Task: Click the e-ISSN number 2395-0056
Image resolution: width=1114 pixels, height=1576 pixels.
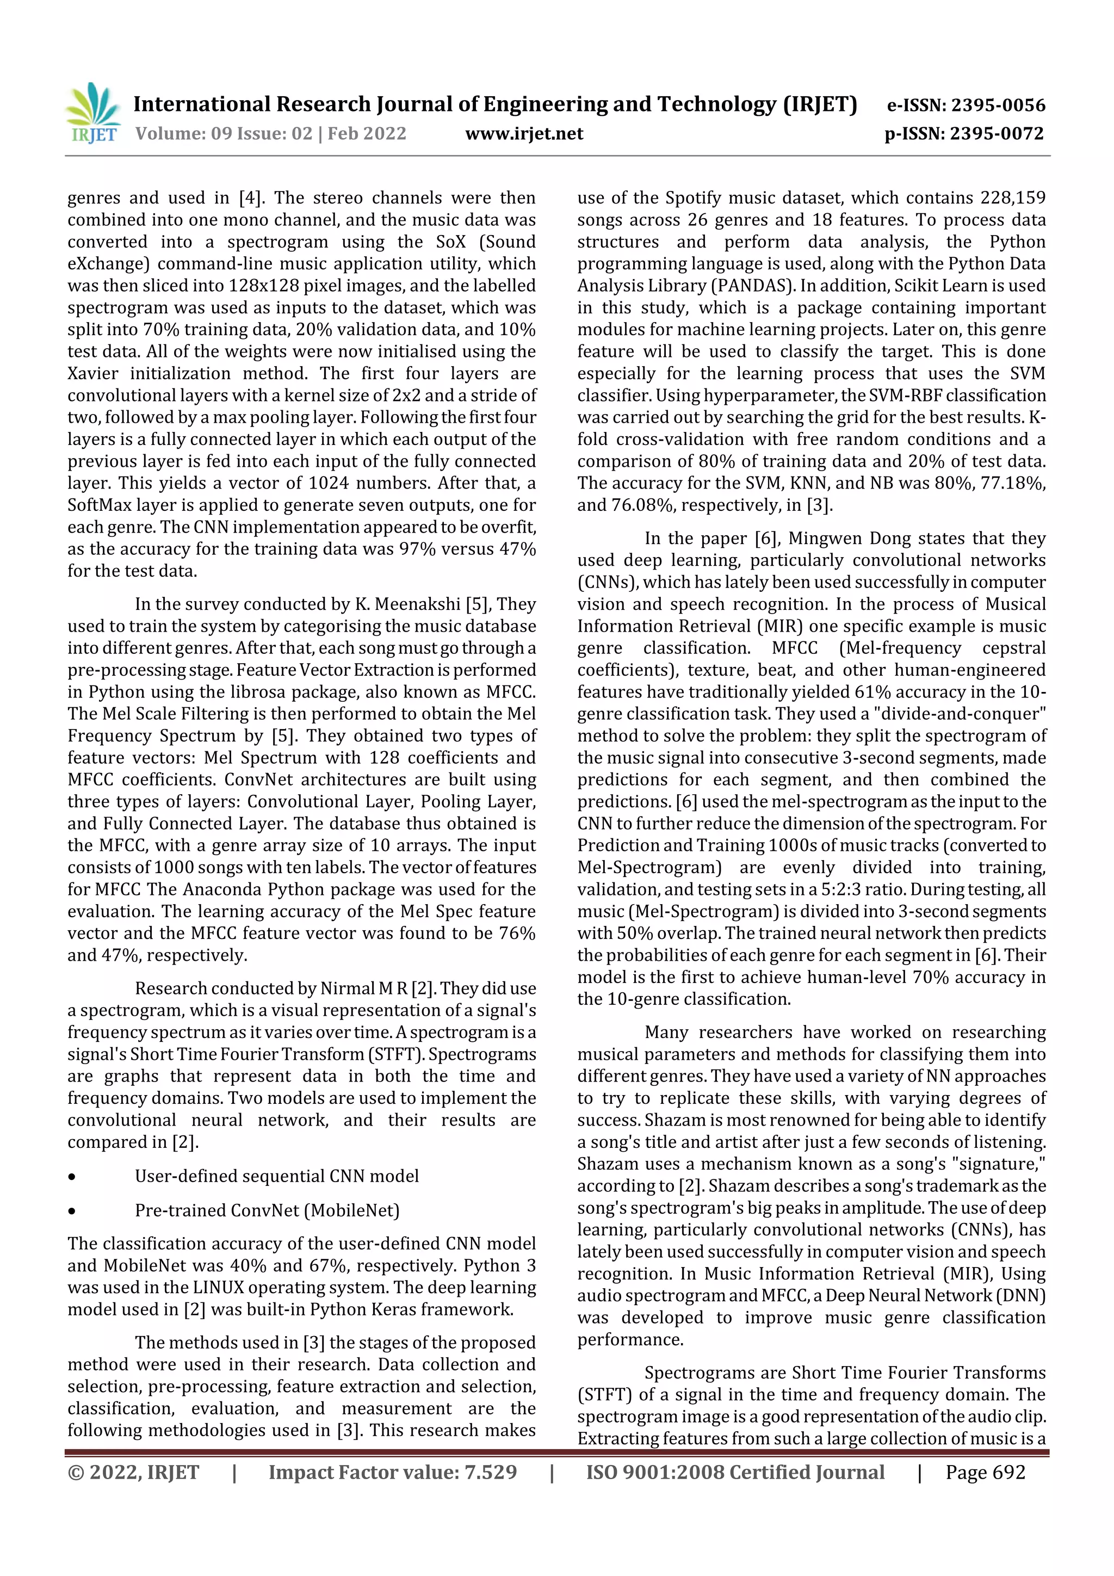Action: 997,105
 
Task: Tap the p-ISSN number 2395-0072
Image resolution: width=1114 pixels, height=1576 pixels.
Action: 997,134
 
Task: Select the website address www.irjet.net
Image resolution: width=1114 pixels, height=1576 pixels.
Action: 524,134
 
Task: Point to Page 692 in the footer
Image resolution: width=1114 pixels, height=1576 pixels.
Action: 985,1472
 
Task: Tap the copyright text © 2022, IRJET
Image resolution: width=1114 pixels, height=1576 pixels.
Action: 133,1472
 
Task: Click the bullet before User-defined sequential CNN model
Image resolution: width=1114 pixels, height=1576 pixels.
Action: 72,1177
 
